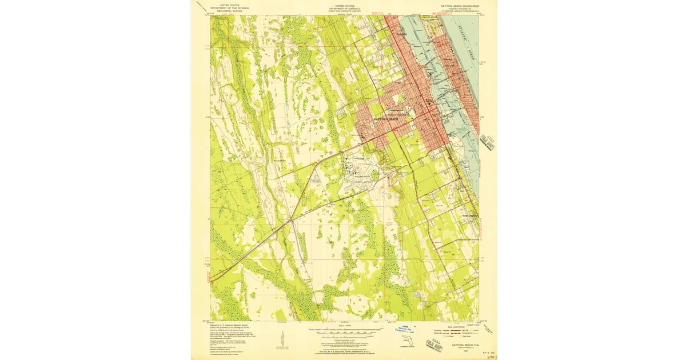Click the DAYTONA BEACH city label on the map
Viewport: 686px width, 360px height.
(385, 119)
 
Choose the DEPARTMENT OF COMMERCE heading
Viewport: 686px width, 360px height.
(345, 7)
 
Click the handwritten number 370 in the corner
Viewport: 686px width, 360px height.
(489, 357)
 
